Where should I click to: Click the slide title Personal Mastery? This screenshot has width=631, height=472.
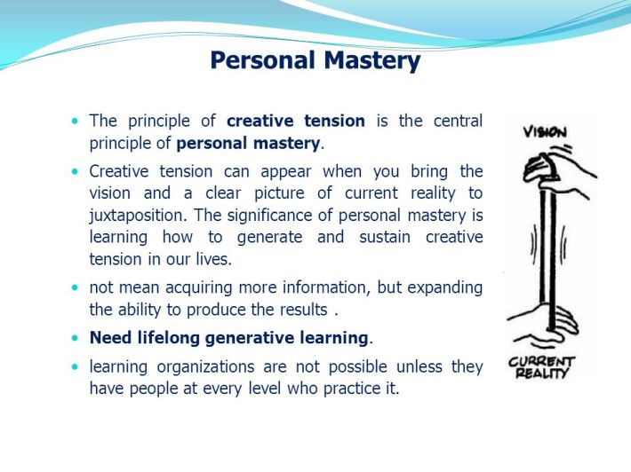pos(315,60)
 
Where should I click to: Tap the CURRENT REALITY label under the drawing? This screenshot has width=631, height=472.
pos(542,366)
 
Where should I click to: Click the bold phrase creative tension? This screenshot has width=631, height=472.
pos(296,121)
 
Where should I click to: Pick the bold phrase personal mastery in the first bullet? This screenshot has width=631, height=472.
pos(248,142)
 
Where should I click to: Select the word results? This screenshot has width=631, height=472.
pos(298,309)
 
